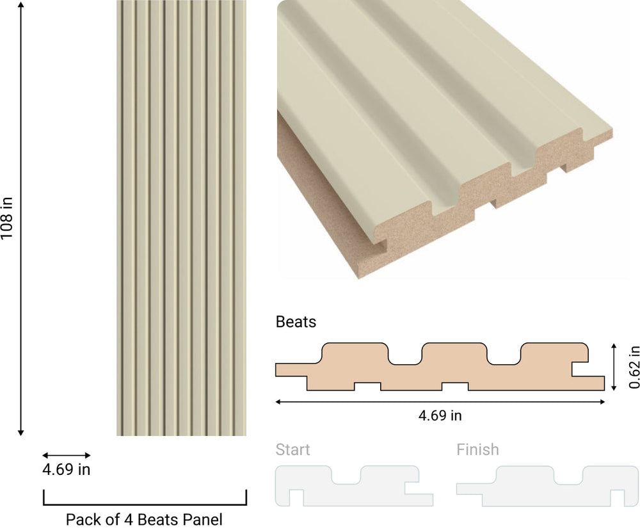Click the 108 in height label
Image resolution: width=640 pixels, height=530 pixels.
[7, 218]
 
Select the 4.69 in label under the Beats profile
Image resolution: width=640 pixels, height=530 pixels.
[440, 415]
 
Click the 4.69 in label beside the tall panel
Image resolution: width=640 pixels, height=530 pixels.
[67, 470]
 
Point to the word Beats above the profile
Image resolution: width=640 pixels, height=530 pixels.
[296, 321]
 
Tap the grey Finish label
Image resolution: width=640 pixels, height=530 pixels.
[477, 449]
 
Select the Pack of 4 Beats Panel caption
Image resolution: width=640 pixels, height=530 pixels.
[144, 519]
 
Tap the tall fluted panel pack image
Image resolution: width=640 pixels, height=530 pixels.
[181, 218]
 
